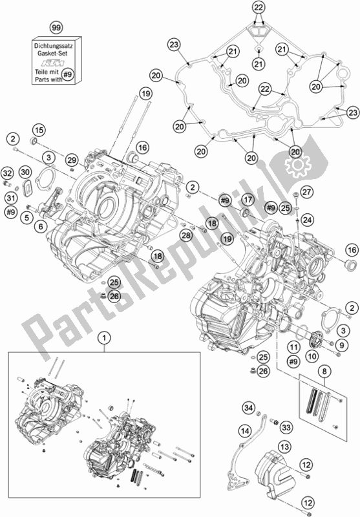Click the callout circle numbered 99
[57, 27]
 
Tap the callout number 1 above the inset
[102, 337]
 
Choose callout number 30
[25, 173]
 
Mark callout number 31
[11, 197]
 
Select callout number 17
[248, 200]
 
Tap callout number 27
[306, 191]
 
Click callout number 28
[185, 235]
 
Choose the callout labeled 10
[312, 355]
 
